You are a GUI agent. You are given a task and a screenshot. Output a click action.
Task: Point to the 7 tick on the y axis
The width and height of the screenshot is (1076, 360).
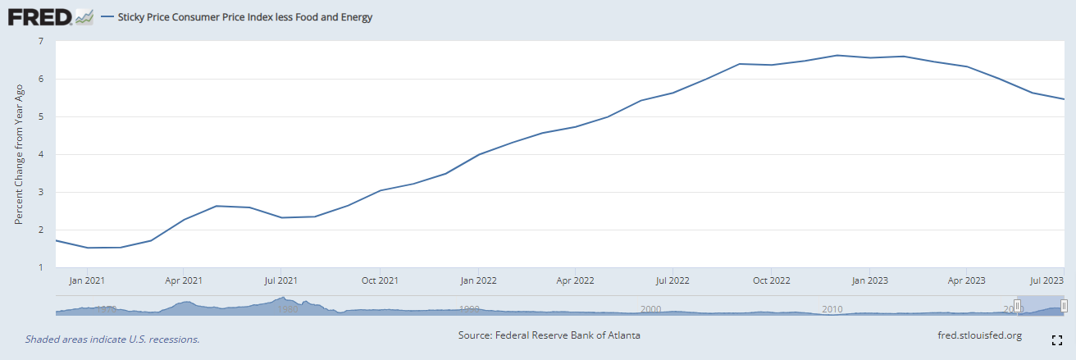40,41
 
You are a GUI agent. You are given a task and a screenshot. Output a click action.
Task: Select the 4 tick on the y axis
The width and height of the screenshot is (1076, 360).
40,154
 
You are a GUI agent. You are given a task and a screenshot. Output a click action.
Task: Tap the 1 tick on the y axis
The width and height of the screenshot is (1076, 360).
40,267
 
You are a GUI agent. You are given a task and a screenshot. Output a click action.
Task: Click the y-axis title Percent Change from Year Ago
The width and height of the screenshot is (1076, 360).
19,154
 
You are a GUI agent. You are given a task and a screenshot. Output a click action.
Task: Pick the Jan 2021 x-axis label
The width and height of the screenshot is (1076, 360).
86,280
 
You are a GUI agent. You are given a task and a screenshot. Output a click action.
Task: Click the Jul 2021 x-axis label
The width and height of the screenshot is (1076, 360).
281,280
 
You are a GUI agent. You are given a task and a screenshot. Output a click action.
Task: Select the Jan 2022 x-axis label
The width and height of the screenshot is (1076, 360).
477,280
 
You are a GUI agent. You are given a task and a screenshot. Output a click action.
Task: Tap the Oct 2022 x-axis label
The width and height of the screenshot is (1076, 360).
771,280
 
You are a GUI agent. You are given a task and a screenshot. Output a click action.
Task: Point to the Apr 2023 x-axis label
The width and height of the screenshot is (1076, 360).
966,280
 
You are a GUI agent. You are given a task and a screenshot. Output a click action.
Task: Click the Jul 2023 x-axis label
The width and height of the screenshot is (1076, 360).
1048,280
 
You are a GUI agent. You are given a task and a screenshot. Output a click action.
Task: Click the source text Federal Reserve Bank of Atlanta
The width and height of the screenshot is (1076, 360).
549,335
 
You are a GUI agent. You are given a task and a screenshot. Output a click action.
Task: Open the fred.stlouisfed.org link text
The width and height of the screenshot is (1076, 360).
979,335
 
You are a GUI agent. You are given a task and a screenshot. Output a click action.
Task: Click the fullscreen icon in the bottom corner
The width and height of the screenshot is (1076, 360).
1057,339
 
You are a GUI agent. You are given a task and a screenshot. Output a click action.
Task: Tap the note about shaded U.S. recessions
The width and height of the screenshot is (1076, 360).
112,339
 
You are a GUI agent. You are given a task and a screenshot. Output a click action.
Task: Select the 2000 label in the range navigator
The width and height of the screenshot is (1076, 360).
650,309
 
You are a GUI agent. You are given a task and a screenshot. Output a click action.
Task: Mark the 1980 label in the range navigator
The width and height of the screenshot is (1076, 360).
287,309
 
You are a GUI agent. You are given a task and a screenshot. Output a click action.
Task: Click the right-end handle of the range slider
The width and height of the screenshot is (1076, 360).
1064,306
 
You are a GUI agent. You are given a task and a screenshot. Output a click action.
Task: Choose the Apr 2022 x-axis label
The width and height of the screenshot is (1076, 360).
575,280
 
